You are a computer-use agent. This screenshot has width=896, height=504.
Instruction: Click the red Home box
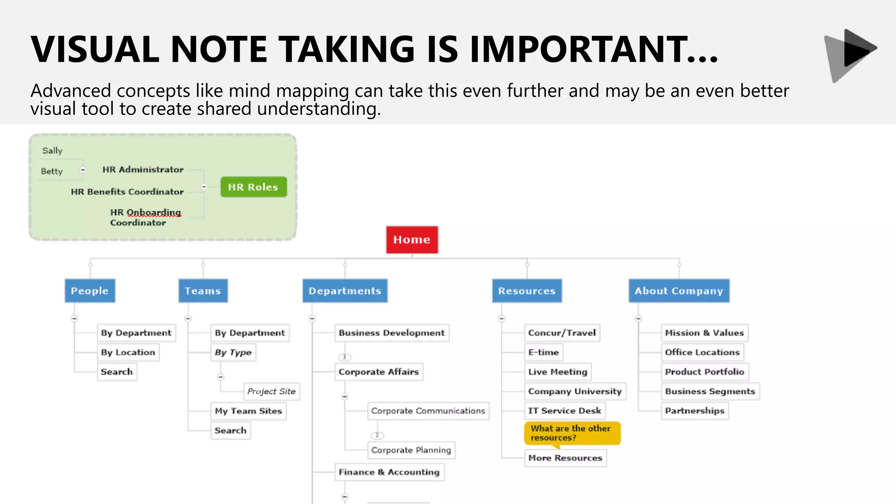click(x=412, y=240)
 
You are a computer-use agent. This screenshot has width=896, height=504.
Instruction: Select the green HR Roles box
click(x=253, y=187)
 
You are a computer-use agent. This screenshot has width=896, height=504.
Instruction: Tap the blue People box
click(x=90, y=291)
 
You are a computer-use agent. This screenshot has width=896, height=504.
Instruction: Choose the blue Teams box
click(x=203, y=291)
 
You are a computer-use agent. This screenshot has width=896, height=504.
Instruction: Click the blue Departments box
click(x=345, y=291)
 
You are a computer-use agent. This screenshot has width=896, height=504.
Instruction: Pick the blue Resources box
click(x=527, y=291)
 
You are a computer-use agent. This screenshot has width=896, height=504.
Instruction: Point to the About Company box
click(x=679, y=291)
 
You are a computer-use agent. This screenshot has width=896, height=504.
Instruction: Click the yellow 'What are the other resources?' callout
click(x=572, y=433)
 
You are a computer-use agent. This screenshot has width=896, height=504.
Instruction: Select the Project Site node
click(x=271, y=391)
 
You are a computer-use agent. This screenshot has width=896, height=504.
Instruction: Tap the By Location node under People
click(x=128, y=352)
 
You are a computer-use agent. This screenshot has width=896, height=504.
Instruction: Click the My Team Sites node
click(x=248, y=411)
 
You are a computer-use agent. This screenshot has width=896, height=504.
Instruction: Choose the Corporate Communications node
click(x=428, y=411)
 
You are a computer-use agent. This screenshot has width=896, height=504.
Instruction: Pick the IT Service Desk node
click(x=564, y=411)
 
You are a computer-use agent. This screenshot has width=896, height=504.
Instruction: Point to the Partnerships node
click(x=694, y=411)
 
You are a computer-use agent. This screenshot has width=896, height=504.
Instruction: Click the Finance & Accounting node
click(x=389, y=472)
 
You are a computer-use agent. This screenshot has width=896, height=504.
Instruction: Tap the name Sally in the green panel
click(x=52, y=150)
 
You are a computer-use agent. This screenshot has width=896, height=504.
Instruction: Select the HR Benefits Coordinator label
click(x=127, y=192)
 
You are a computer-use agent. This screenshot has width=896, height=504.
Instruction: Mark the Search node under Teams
click(x=230, y=430)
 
